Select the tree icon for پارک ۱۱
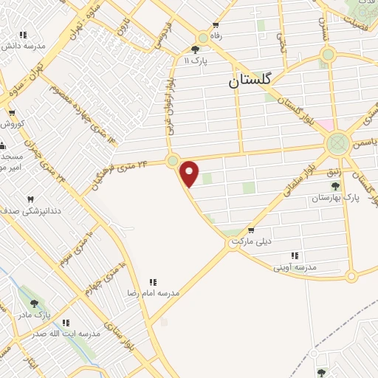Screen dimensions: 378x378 pos(195,49)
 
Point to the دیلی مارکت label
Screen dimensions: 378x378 pos(251,241)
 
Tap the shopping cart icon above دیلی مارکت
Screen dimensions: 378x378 pos(251,230)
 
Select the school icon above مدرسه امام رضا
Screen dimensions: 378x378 pos(153,281)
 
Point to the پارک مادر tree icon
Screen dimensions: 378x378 pos(33,303)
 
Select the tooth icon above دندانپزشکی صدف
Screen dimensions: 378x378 pos(30,200)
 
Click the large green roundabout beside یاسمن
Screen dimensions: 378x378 pos(337,142)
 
